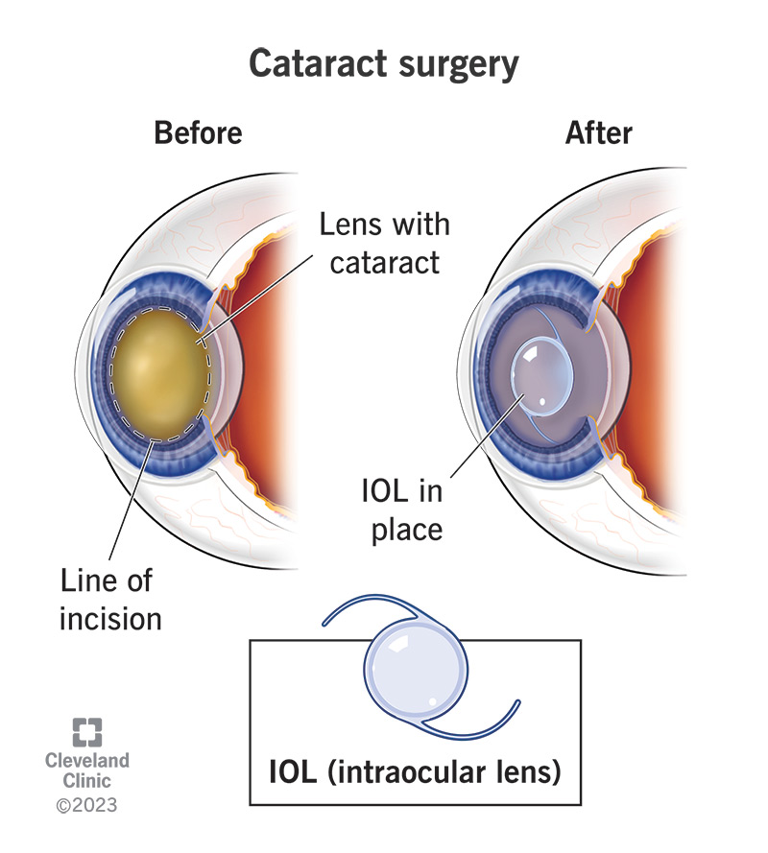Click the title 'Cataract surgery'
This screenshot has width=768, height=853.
tap(384, 64)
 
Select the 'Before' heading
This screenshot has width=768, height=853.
tap(198, 131)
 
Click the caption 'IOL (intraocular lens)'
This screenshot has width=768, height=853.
tap(414, 772)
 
